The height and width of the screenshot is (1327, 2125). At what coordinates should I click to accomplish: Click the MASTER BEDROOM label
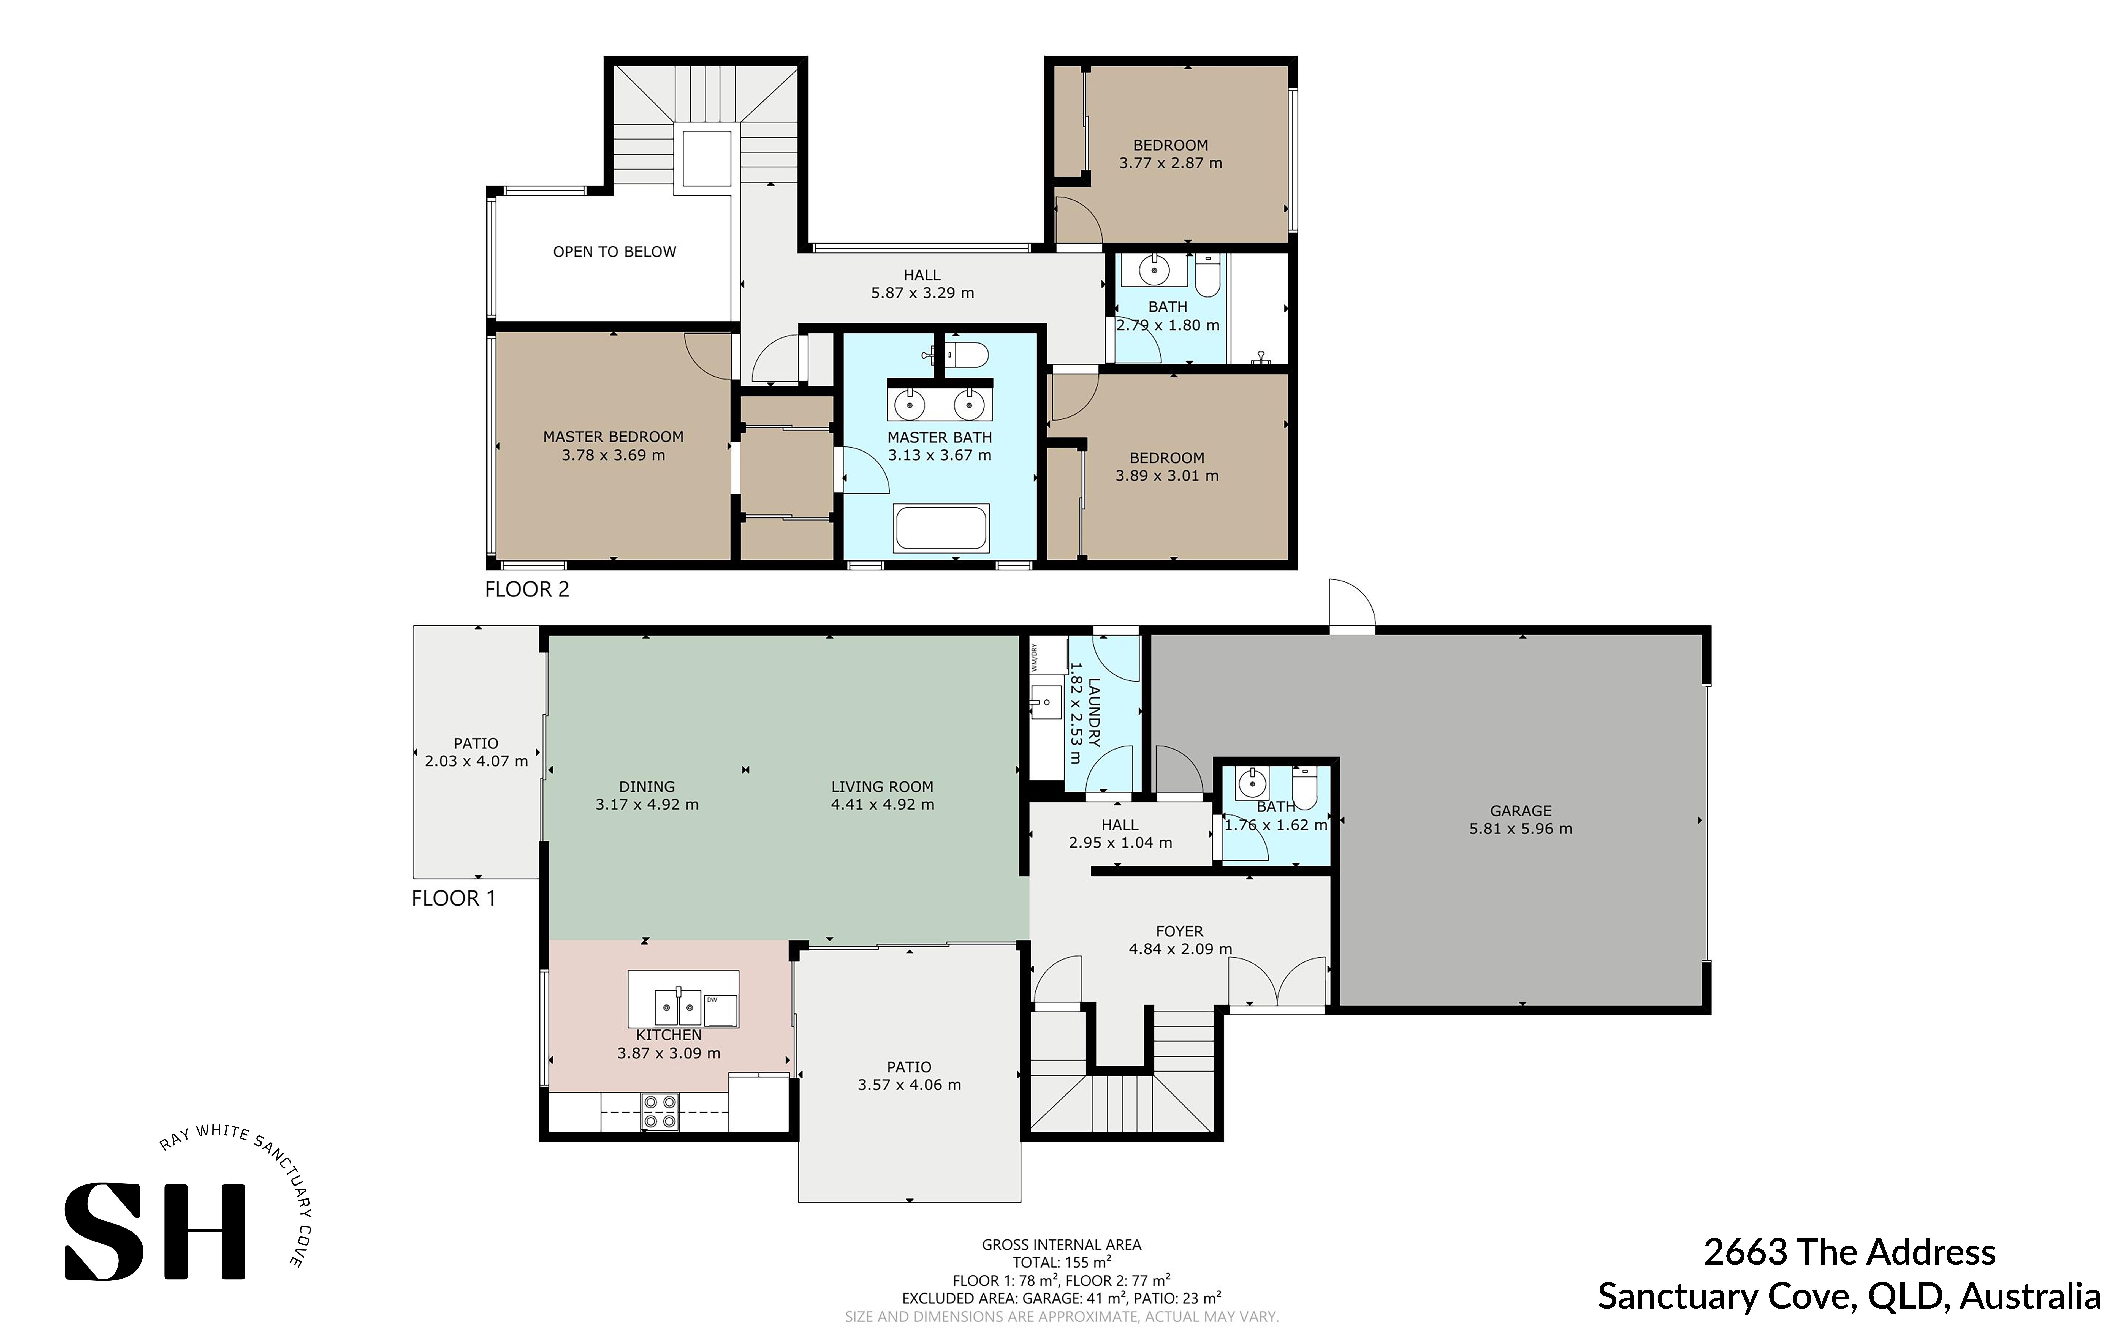point(613,436)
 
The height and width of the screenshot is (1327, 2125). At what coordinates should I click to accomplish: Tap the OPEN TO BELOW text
point(614,252)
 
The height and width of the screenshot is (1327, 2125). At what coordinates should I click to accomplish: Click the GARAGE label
point(1520,811)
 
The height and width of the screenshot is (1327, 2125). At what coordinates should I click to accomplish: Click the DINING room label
point(647,786)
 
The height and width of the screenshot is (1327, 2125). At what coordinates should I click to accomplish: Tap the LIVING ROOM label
point(882,786)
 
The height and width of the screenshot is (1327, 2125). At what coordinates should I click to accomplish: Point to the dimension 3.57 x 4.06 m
point(909,1085)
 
